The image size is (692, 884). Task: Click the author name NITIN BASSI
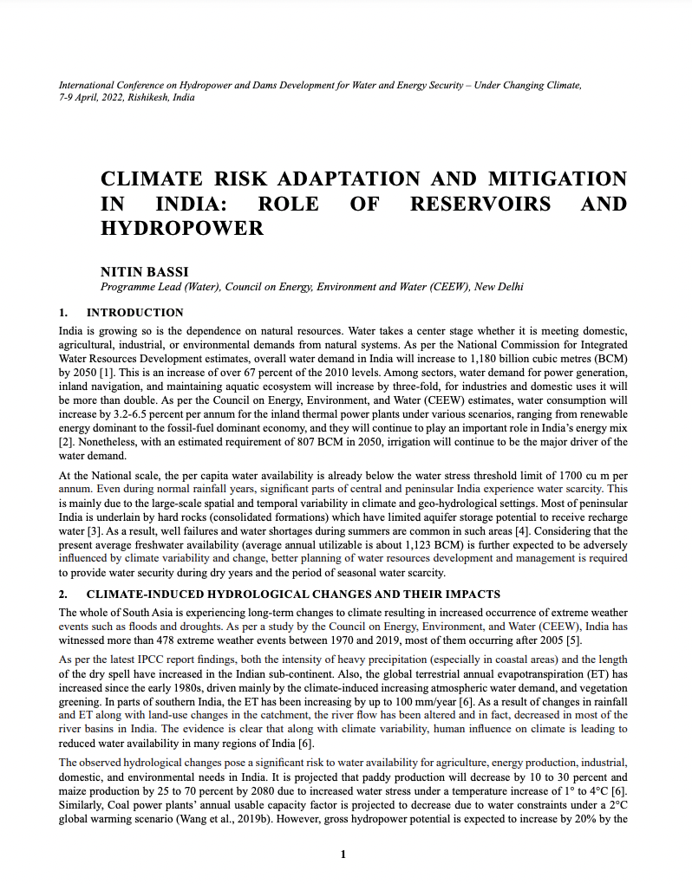pyautogui.click(x=140, y=271)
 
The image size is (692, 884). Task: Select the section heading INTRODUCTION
pyautogui.click(x=135, y=313)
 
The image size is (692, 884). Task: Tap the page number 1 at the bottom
pyautogui.click(x=344, y=855)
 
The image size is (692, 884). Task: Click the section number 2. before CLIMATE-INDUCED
pyautogui.click(x=63, y=595)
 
